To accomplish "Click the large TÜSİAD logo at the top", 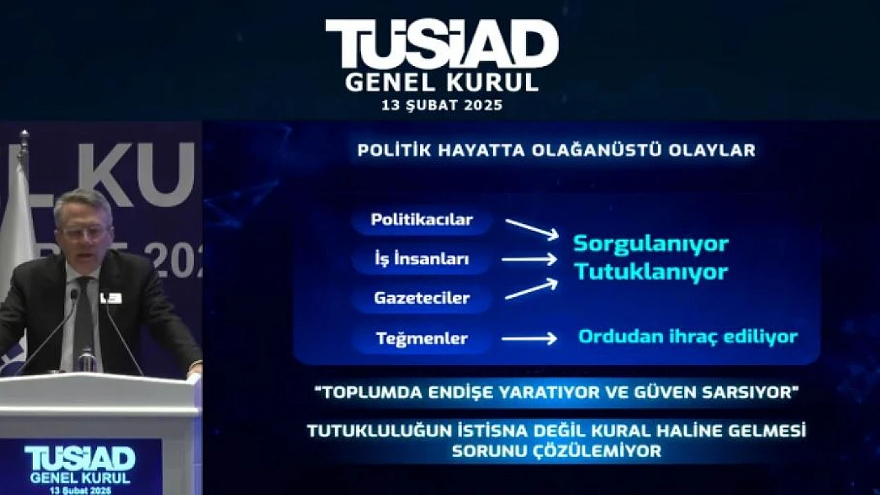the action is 442,44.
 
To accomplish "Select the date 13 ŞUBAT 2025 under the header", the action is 442,105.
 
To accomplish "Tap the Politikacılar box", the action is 422,220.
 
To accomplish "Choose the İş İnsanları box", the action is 422,259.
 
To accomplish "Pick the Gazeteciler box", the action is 422,298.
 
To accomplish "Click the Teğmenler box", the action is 422,338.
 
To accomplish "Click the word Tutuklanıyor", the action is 651,272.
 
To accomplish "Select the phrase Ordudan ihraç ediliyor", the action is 688,337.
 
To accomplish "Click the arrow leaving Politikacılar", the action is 532,230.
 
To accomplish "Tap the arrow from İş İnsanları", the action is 529,260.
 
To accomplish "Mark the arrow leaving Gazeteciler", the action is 531,289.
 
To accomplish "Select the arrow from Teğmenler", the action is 529,338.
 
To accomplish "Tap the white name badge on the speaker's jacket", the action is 111,298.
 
